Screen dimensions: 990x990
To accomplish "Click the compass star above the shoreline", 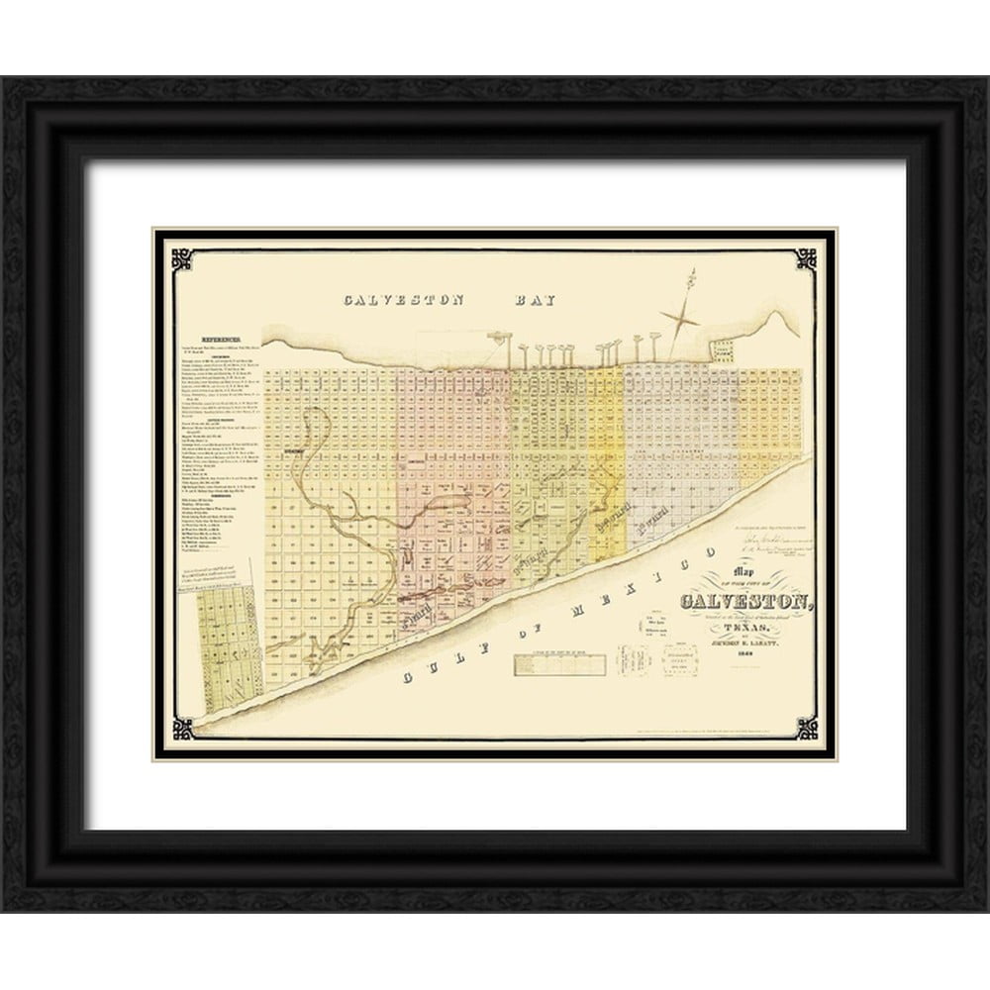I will [x=680, y=320].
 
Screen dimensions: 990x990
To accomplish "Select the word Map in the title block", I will [x=741, y=573].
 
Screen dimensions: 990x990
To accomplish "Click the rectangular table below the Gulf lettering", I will [x=559, y=665].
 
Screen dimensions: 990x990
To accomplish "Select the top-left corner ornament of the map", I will [x=182, y=258].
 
